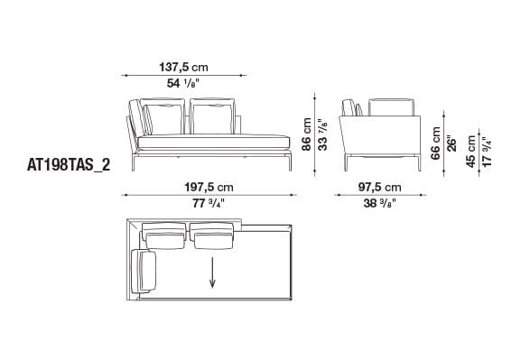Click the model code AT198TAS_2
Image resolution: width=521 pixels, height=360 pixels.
tap(66, 166)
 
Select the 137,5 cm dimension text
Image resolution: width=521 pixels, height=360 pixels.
tap(184, 68)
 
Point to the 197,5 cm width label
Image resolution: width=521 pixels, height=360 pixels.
tap(209, 187)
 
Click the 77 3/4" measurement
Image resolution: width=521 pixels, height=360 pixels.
tap(209, 204)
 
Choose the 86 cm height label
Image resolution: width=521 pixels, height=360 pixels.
tap(307, 134)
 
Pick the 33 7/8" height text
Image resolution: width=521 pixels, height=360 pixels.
tap(321, 134)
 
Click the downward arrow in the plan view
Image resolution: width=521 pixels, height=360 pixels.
tap(214, 272)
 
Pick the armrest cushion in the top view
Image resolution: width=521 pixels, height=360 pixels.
tap(144, 272)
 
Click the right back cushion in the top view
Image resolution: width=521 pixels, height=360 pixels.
tap(214, 238)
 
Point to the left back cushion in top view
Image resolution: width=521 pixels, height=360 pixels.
tap(165, 238)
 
